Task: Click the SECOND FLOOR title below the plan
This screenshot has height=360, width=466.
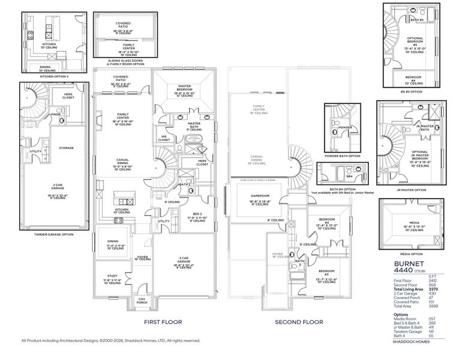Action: click(299, 322)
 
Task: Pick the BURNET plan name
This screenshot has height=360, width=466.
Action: click(410, 263)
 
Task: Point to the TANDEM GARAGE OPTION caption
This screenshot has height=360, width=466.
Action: click(53, 234)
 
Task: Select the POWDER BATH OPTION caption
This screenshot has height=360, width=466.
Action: click(342, 155)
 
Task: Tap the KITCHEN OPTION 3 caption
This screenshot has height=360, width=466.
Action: click(54, 77)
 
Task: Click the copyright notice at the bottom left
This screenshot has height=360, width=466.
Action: click(110, 340)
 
